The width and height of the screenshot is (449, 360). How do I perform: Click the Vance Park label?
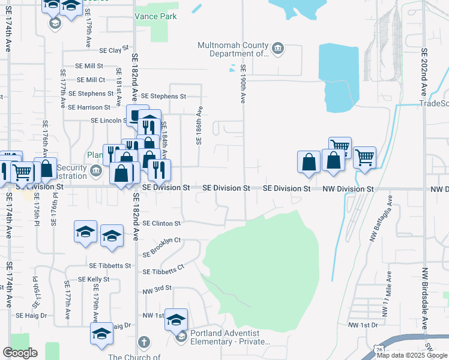pos(155,16)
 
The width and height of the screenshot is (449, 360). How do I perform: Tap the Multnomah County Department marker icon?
pos(277,49)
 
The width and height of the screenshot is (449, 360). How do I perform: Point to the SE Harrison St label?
pos(89,107)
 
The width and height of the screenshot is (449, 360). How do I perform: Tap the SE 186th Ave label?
pos(199,126)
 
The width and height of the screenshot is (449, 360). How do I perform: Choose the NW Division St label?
pos(349,188)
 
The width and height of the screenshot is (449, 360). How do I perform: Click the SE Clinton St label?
pos(161,223)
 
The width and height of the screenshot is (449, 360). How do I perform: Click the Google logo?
pos(20,353)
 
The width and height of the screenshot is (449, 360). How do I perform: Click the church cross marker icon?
pos(143,343)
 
